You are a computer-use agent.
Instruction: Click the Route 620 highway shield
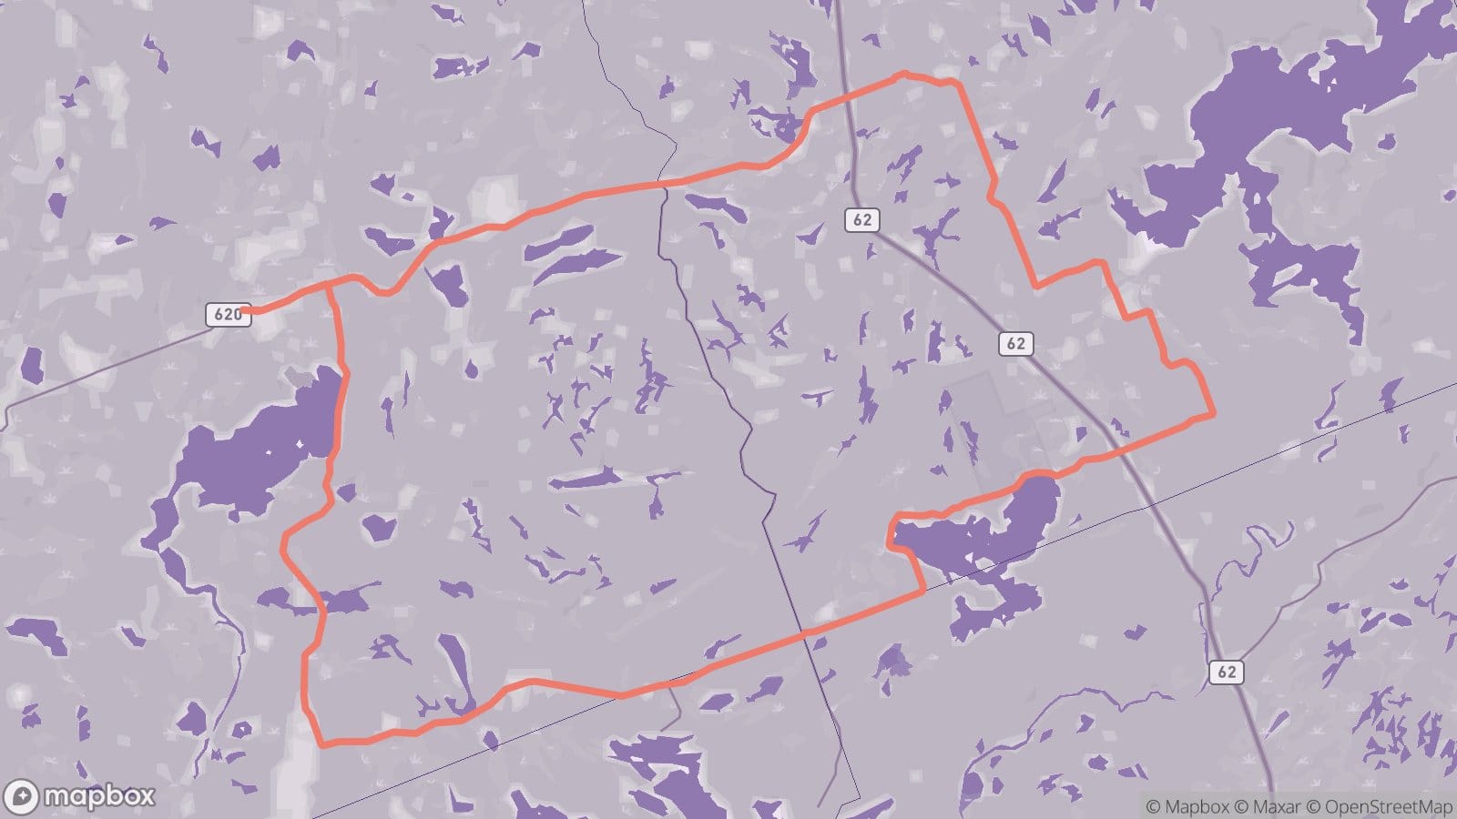click(227, 315)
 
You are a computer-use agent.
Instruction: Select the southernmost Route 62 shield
click(1227, 672)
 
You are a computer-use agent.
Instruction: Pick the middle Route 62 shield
click(1015, 343)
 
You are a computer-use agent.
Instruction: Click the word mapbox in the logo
click(99, 796)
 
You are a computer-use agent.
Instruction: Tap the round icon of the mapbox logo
click(20, 796)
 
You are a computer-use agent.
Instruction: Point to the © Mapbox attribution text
click(1187, 806)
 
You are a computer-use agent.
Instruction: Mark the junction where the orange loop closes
click(329, 286)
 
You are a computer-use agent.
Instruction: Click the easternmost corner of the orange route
click(1213, 415)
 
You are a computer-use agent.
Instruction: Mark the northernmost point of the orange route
click(903, 74)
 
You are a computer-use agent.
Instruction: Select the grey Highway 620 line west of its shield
click(109, 362)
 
